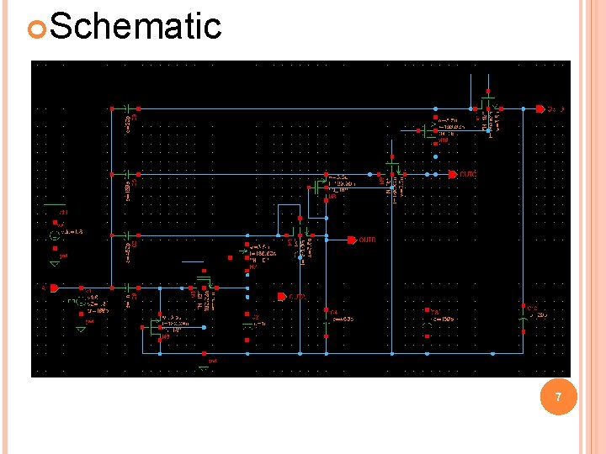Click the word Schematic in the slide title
coord(136,26)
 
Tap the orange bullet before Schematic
coord(35,28)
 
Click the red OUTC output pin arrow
coord(452,174)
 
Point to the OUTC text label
coord(468,174)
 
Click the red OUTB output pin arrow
coord(352,240)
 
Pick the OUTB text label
coord(368,240)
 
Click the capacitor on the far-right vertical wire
coord(524,320)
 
